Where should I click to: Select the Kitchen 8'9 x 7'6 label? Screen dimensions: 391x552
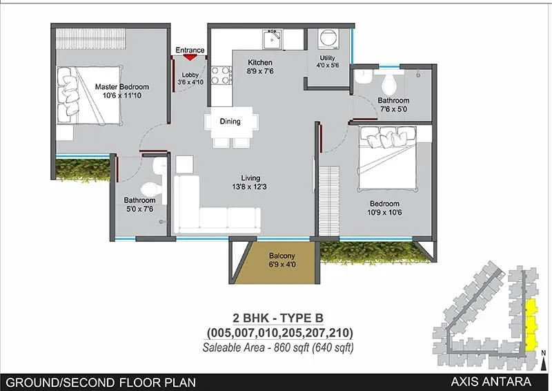pyautogui.click(x=261, y=66)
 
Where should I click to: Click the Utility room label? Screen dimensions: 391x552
pyautogui.click(x=327, y=61)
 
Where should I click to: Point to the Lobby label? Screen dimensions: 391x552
pyautogui.click(x=190, y=78)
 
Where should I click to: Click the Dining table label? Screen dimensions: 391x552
pyautogui.click(x=230, y=122)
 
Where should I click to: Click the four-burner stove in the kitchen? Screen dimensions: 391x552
pyautogui.click(x=220, y=75)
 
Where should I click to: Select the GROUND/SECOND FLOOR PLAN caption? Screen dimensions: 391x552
pyautogui.click(x=101, y=381)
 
